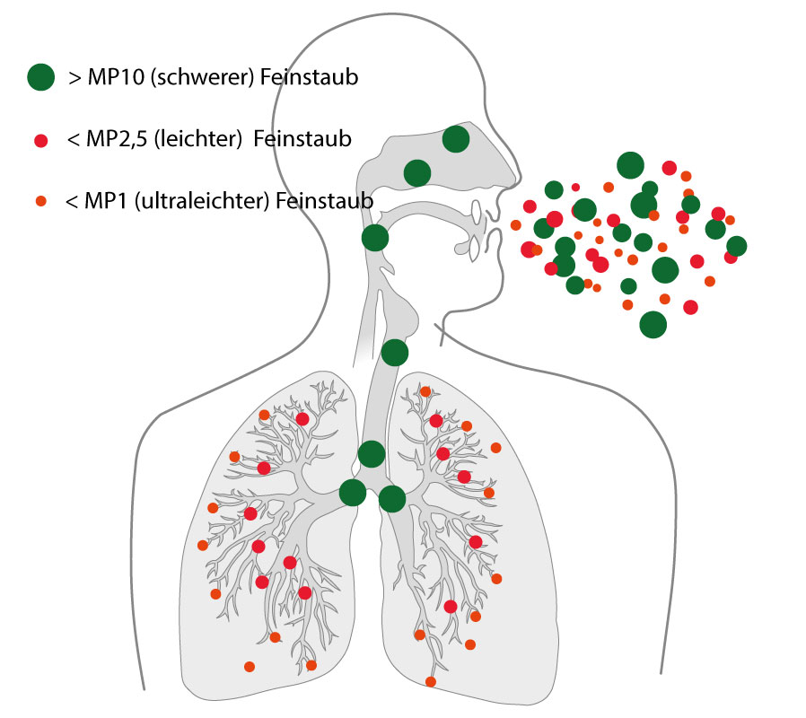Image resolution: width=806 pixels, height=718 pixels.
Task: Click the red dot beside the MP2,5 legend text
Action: tap(40, 140)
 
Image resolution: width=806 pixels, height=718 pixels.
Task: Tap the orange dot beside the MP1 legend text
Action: tap(40, 201)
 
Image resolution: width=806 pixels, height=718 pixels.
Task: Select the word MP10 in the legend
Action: tap(115, 78)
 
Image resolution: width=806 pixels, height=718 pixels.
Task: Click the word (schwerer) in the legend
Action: tap(198, 78)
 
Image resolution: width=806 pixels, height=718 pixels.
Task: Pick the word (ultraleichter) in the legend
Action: tap(214, 201)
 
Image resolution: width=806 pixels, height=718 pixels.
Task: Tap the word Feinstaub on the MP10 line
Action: tap(310, 78)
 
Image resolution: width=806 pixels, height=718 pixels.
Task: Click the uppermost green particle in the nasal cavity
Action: tap(456, 139)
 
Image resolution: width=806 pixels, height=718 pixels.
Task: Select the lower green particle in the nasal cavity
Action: tap(417, 172)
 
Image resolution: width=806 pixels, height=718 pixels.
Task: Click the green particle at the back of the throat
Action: tap(374, 238)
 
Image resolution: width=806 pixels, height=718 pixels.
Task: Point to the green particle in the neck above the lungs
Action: tap(394, 352)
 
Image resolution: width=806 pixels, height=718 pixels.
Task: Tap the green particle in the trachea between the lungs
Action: tap(372, 453)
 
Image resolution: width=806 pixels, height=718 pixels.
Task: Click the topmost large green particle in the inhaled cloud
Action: tap(631, 165)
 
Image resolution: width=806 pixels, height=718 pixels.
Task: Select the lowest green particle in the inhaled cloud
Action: tap(653, 324)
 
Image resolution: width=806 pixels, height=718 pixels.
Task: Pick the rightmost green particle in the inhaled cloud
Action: tap(736, 246)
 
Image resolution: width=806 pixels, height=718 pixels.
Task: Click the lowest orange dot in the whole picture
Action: tap(431, 682)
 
